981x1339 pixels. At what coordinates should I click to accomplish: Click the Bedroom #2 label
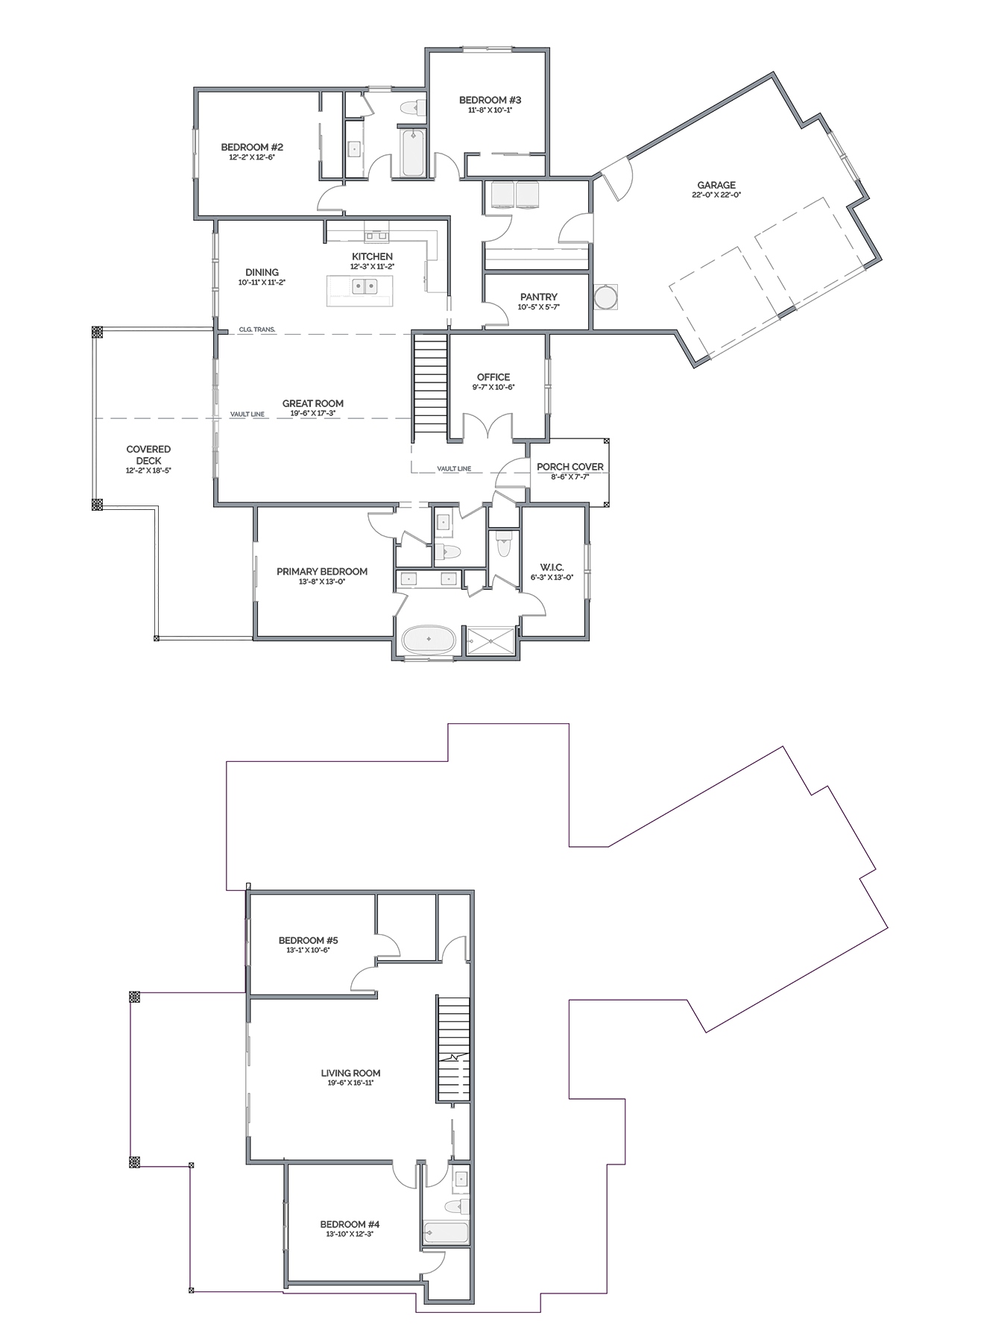(x=252, y=147)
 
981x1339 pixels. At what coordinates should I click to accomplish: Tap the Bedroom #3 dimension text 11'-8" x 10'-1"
(x=490, y=110)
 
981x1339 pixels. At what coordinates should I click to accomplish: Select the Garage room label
(x=716, y=185)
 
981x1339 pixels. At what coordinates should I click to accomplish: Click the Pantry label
(x=539, y=297)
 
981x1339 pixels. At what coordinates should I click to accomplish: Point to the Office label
(x=493, y=377)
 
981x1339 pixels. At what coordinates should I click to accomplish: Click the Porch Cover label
(x=570, y=467)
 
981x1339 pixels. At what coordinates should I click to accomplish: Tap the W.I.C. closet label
(x=552, y=567)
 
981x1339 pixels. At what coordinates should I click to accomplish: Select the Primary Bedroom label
(x=322, y=571)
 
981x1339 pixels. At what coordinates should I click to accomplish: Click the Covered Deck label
(x=148, y=455)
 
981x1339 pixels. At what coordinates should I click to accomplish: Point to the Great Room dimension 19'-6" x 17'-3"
(x=313, y=413)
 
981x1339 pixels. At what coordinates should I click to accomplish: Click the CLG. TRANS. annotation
(x=257, y=329)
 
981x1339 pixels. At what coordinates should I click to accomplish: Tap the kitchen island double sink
(x=364, y=285)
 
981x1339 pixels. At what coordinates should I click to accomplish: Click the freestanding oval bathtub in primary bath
(x=428, y=640)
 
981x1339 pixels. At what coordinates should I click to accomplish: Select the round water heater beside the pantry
(x=605, y=297)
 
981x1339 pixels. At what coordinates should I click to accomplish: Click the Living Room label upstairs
(x=350, y=1073)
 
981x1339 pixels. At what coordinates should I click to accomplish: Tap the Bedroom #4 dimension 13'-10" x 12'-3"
(x=350, y=1235)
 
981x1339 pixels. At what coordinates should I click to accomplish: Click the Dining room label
(x=262, y=272)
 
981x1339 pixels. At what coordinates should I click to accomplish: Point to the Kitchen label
(x=372, y=256)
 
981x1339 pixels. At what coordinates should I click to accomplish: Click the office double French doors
(x=488, y=427)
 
